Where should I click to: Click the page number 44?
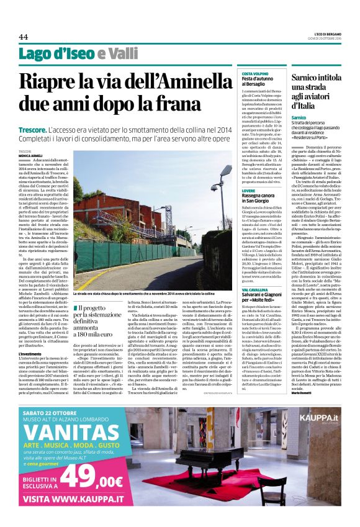[23, 37]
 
